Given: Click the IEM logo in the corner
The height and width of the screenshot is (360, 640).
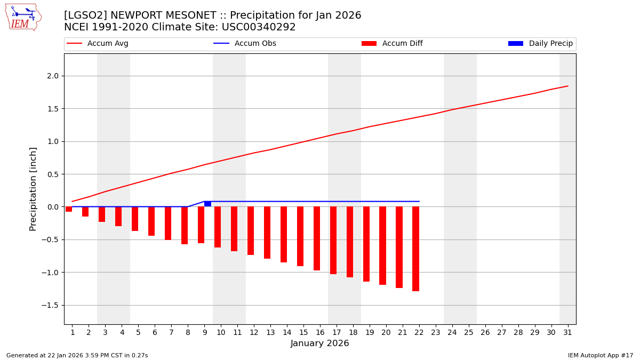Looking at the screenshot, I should pyautogui.click(x=23, y=17).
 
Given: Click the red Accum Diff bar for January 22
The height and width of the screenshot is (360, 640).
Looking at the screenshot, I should pyautogui.click(x=415, y=249).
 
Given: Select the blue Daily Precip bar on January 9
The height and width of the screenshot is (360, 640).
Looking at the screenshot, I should pyautogui.click(x=207, y=204).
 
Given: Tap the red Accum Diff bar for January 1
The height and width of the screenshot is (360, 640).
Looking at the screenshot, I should pyautogui.click(x=69, y=209).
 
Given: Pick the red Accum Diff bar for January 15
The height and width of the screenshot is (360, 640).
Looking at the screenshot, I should pyautogui.click(x=300, y=236).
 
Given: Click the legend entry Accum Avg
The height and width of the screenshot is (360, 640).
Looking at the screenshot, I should pyautogui.click(x=98, y=44).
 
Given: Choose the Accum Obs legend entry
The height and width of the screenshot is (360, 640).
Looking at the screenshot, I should pyautogui.click(x=245, y=44).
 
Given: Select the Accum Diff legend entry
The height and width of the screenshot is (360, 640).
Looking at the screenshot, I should pyautogui.click(x=392, y=44).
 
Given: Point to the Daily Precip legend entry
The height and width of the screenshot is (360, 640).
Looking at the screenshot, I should pyautogui.click(x=540, y=44).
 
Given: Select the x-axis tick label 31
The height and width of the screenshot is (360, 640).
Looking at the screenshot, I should pyautogui.click(x=567, y=332).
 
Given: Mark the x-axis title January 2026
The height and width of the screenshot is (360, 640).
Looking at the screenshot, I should pyautogui.click(x=319, y=344).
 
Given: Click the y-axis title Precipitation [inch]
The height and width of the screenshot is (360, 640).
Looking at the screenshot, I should pyautogui.click(x=33, y=189).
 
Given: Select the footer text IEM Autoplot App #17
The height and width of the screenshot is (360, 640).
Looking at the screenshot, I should pyautogui.click(x=601, y=355).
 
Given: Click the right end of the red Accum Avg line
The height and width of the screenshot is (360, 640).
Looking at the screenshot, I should pyautogui.click(x=567, y=86).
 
